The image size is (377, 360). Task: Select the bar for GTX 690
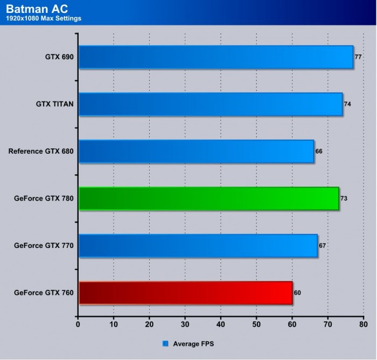(215, 57)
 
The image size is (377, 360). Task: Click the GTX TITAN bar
(210, 104)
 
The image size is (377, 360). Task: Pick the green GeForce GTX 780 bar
(208, 198)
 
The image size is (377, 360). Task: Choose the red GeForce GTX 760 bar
(185, 293)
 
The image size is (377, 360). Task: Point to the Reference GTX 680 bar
(196, 151)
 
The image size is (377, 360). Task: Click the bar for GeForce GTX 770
(198, 246)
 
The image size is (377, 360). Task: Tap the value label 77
(358, 57)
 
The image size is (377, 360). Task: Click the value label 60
(297, 293)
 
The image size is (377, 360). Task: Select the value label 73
(344, 198)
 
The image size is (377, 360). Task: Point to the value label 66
(318, 151)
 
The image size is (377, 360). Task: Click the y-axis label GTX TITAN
(51, 104)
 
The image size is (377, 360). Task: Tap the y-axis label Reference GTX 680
(41, 151)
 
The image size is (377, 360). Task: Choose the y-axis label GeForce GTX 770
(44, 246)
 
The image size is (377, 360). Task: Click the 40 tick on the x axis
(221, 325)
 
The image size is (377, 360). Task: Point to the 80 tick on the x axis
(364, 325)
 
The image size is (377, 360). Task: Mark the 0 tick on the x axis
(79, 325)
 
